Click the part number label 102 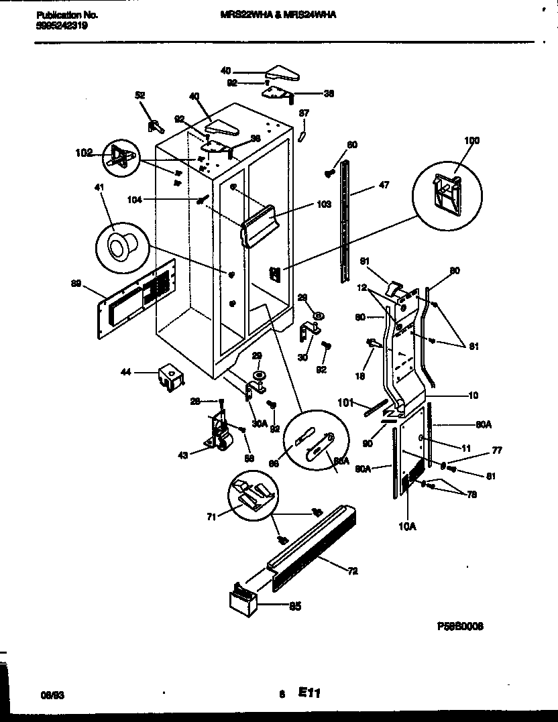tap(83, 152)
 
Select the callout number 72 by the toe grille tap(353, 571)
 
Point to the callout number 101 tap(345, 403)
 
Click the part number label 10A tap(407, 526)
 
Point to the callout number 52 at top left tap(140, 96)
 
